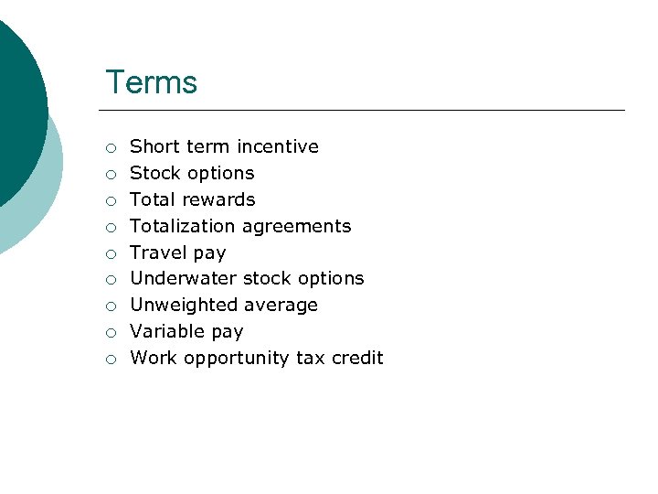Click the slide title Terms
pos(151,82)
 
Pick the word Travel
pos(157,252)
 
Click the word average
pos(282,305)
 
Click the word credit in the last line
pos(356,358)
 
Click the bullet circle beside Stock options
pos(110,174)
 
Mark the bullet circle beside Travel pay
pos(110,253)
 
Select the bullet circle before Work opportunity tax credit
pos(110,360)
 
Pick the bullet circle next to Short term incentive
pos(110,147)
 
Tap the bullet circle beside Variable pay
pos(110,333)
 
